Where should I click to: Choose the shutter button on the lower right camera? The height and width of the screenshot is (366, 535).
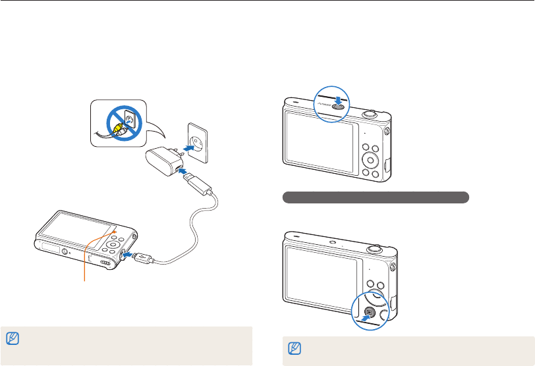374,249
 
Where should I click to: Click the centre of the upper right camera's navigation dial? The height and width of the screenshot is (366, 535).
371,161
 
